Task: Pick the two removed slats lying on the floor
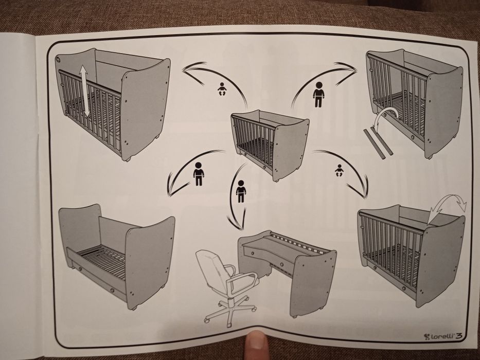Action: click(x=378, y=143)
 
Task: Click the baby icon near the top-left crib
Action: click(x=222, y=89)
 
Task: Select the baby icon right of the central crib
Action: click(x=339, y=171)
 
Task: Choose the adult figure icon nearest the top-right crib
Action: click(x=318, y=94)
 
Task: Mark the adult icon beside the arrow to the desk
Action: click(x=241, y=191)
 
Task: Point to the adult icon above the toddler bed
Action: click(x=199, y=174)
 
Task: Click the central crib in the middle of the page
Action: click(x=270, y=145)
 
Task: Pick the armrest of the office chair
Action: click(x=242, y=280)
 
